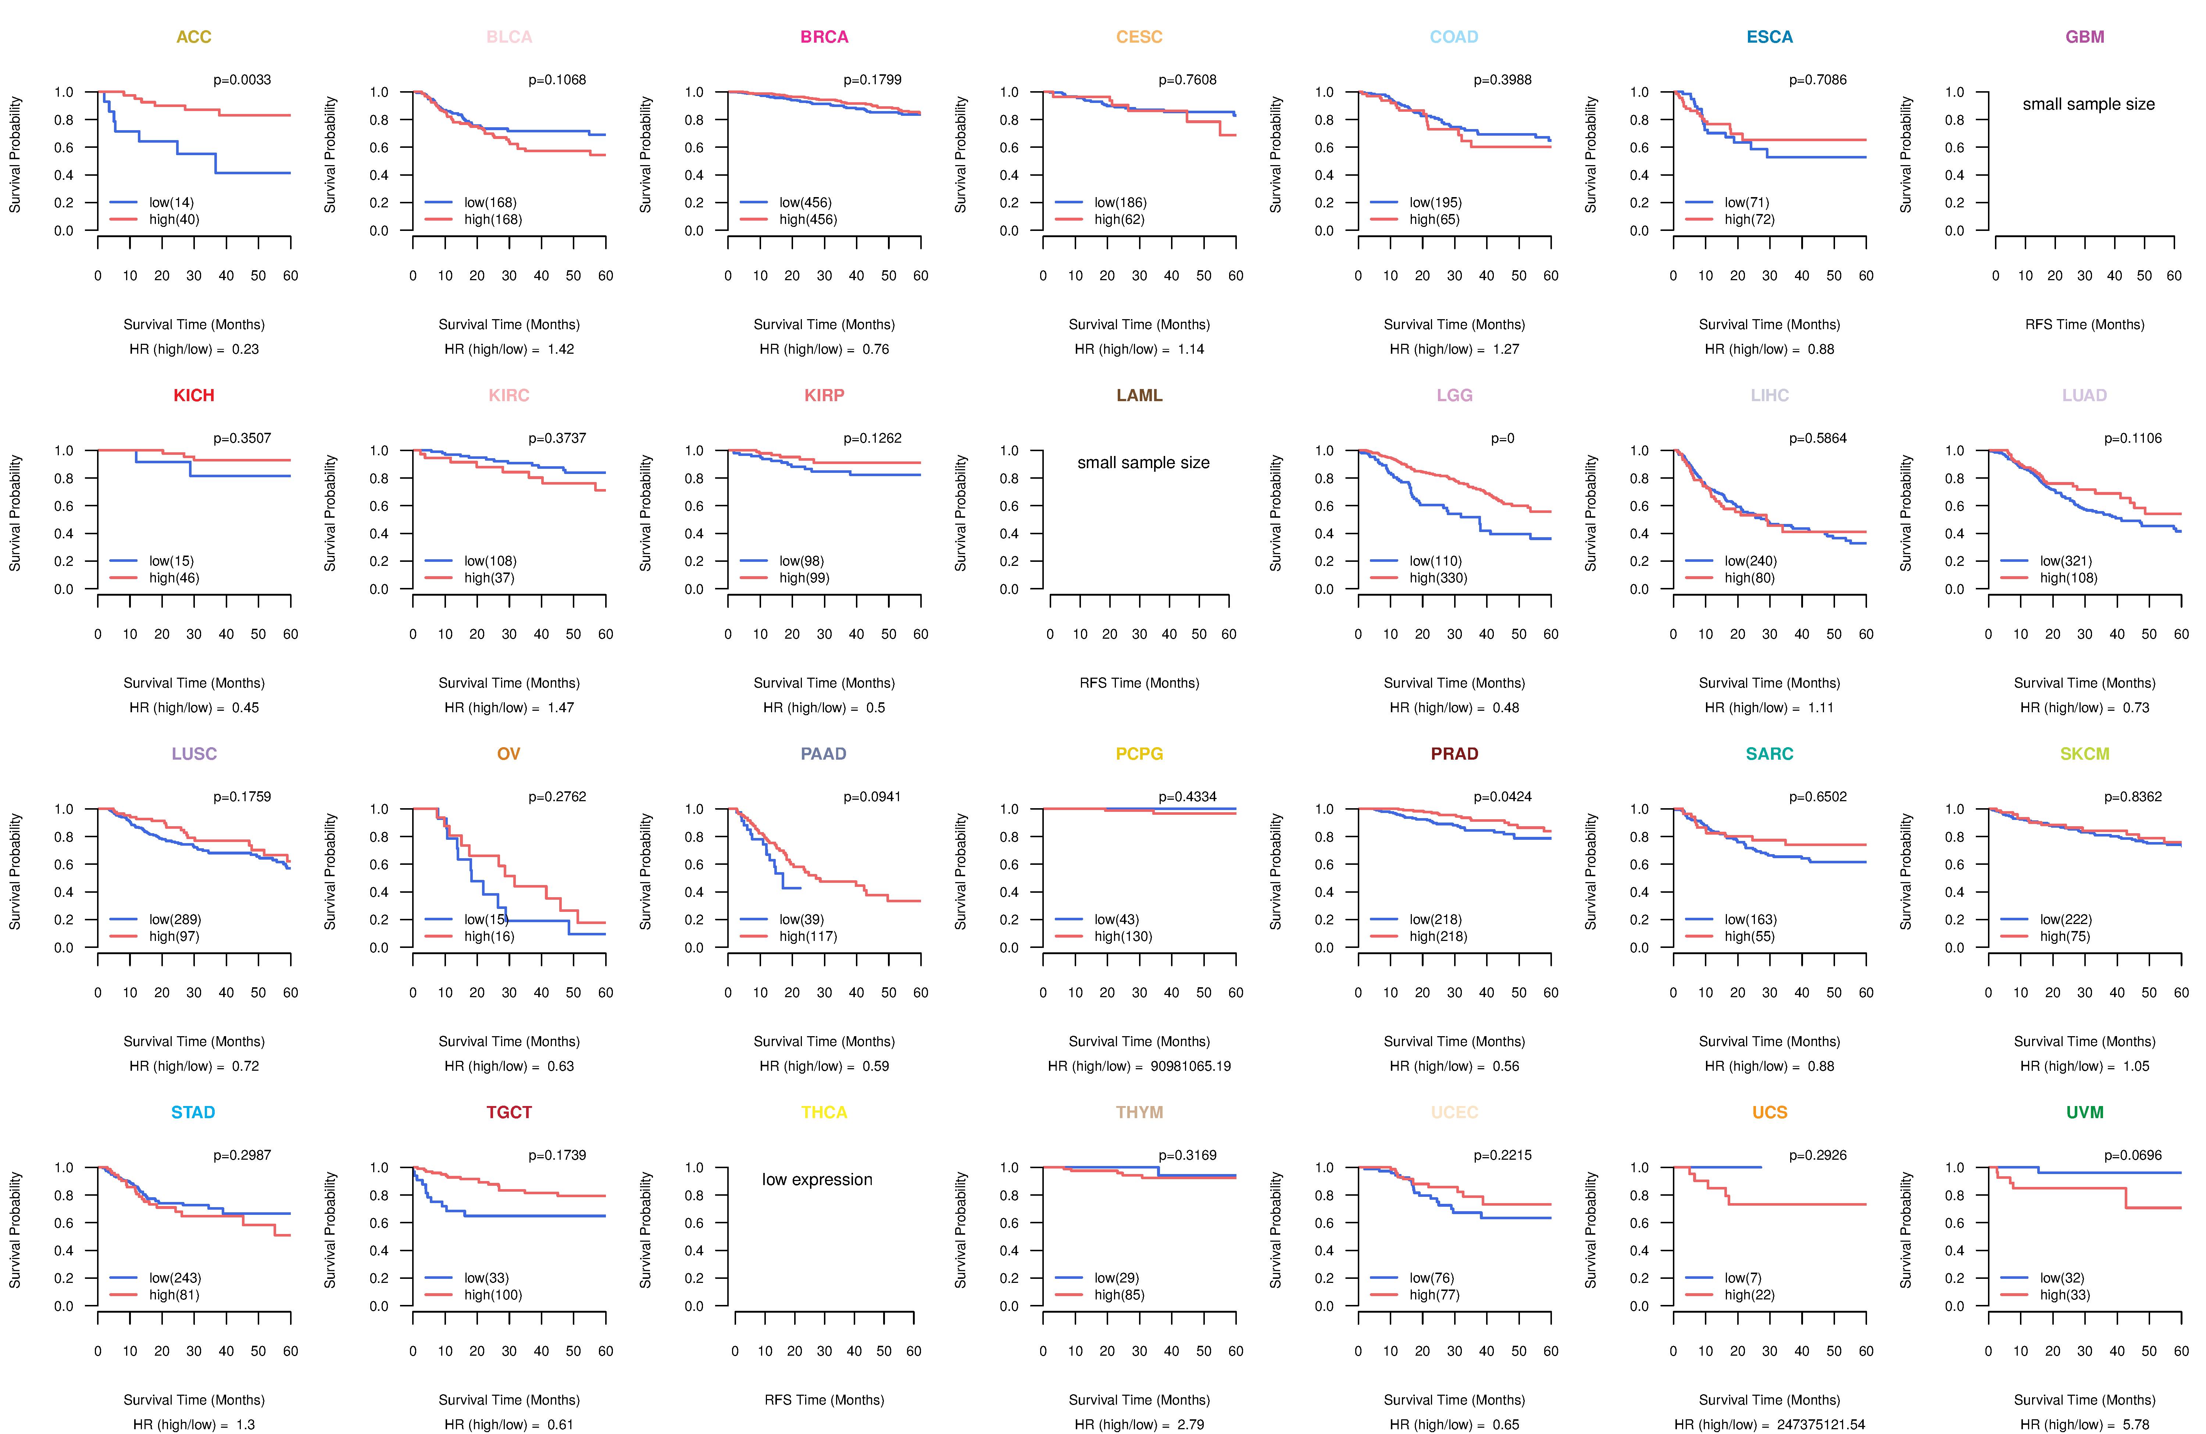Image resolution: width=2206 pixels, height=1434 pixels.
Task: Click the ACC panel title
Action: (x=194, y=37)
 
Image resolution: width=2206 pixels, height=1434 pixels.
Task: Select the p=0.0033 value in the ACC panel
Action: (x=242, y=80)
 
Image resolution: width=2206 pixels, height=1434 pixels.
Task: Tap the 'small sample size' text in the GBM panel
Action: (x=2088, y=104)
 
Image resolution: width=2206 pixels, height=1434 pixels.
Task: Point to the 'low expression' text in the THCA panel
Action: (x=817, y=1179)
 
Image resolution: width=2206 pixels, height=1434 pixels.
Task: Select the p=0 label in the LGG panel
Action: (x=1503, y=438)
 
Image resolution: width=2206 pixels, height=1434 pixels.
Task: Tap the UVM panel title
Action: (x=2085, y=1112)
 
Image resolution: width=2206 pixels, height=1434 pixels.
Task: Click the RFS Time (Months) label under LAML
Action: (x=1139, y=683)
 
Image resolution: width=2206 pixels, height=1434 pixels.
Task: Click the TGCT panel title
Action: (x=509, y=1112)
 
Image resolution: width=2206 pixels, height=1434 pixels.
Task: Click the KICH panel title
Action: (x=194, y=396)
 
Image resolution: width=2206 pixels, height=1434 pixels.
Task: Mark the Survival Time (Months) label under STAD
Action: (x=194, y=1400)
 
